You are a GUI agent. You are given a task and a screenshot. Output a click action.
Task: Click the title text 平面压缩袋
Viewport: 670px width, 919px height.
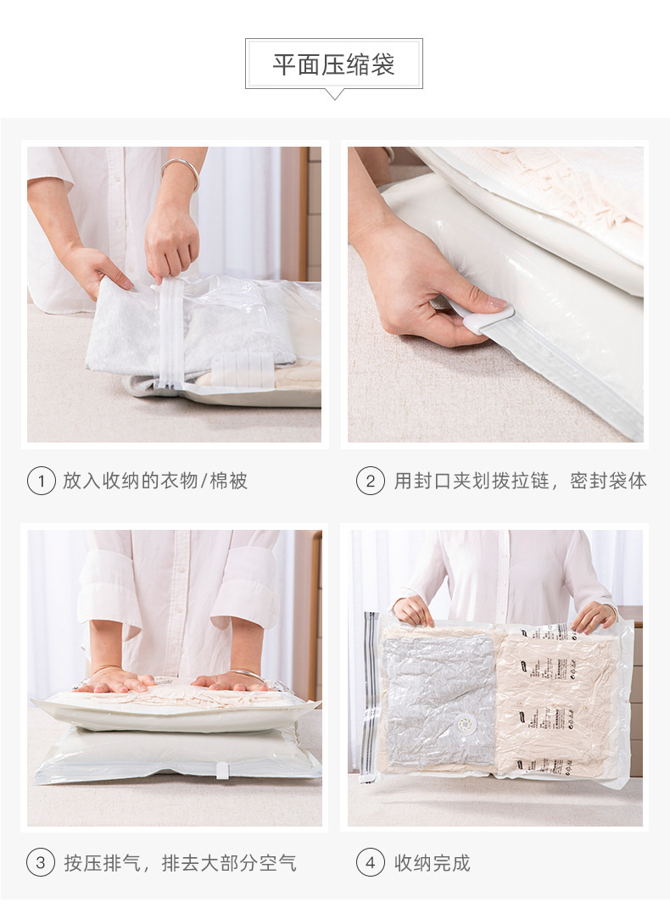333,64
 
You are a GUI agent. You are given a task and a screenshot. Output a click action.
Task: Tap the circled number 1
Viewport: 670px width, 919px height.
41,482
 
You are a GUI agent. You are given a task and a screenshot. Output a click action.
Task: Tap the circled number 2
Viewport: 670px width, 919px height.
370,482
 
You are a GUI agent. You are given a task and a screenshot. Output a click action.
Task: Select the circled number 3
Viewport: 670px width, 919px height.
41,863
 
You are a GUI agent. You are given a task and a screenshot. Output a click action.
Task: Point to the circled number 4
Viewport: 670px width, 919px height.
370,863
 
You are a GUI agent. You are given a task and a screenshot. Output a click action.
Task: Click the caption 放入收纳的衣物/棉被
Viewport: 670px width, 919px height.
155,482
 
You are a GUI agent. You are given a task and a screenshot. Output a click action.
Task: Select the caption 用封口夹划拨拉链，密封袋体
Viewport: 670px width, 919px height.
520,482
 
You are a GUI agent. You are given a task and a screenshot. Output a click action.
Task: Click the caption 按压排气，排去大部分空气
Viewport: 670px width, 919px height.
180,863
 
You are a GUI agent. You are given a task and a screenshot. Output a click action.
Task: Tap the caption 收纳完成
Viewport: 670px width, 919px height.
432,863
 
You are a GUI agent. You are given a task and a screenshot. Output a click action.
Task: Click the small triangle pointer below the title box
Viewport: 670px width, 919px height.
334,94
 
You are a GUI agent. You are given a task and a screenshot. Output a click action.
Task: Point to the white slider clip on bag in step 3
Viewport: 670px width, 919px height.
222,770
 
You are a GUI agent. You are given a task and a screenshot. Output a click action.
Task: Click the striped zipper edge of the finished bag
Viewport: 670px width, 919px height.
370,695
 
